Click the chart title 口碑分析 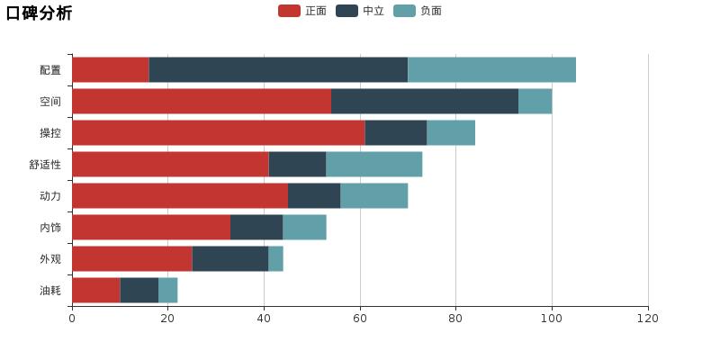point(40,13)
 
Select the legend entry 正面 point(303,11)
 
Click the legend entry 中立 point(361,11)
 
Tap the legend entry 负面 point(418,11)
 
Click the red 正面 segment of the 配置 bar point(111,69)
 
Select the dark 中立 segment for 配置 point(278,69)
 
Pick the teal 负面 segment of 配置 point(491,69)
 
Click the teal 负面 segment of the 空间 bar point(535,101)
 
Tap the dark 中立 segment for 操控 point(396,132)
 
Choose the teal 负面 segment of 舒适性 point(373,164)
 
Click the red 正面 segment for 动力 point(180,195)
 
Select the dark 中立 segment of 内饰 point(256,227)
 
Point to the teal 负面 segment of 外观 point(275,258)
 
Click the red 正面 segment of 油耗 point(96,290)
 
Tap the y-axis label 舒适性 point(45,165)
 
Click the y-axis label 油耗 point(50,291)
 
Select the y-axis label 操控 point(50,133)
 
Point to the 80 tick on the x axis point(455,318)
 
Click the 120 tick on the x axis point(648,318)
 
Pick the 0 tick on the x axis point(72,318)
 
